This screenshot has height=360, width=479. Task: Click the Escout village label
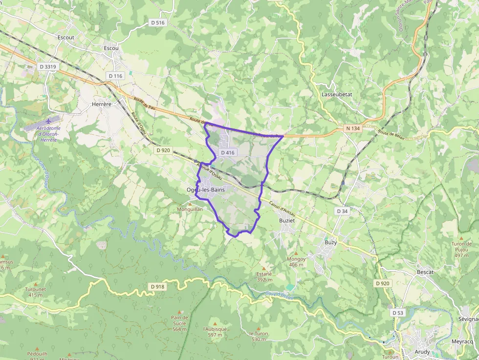click(65, 37)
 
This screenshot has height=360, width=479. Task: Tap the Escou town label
click(111, 48)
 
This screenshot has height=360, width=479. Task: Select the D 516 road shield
click(158, 22)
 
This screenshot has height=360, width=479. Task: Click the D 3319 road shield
click(48, 66)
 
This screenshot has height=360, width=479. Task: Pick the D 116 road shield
click(115, 76)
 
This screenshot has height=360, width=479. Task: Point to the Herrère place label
click(102, 104)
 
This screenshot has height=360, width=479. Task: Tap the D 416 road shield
click(228, 152)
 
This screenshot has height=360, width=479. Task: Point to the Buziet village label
click(287, 221)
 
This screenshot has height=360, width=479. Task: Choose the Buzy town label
click(331, 242)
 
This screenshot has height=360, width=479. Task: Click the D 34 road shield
click(342, 211)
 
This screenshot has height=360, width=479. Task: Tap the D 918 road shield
click(157, 286)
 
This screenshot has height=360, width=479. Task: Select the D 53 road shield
click(398, 312)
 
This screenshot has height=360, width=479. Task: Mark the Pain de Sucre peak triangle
click(179, 311)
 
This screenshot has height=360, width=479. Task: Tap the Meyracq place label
click(462, 341)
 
